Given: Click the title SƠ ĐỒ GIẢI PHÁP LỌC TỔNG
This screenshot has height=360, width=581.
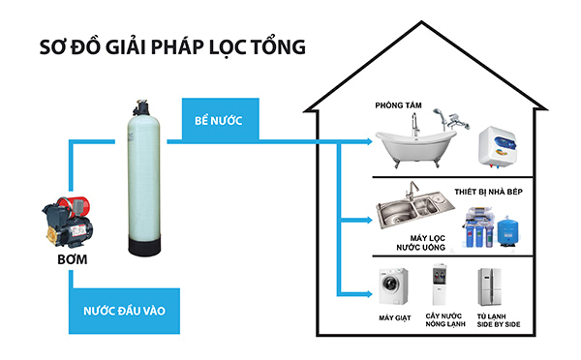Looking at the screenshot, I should click(164, 46).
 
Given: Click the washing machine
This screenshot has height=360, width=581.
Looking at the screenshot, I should click(394, 288).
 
